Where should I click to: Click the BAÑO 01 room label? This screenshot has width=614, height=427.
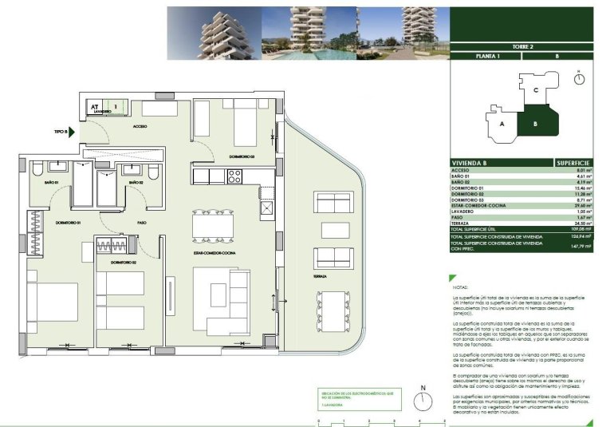(x=40, y=183)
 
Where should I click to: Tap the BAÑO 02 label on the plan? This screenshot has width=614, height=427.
(x=136, y=183)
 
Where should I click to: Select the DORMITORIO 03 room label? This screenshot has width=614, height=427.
(x=241, y=156)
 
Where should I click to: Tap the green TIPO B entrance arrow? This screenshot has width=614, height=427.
(x=70, y=132)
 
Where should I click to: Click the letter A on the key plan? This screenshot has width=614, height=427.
(x=502, y=125)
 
